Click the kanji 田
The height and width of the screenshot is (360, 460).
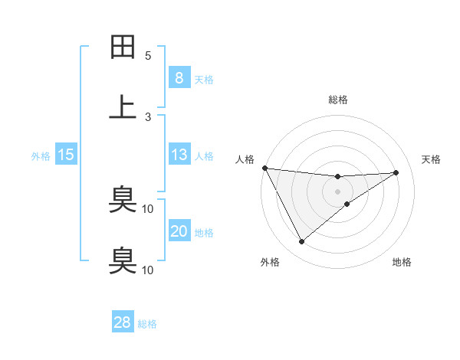pyautogui.click(x=123, y=47)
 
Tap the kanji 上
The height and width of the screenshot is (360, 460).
pyautogui.click(x=123, y=107)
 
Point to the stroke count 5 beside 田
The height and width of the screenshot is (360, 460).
pyautogui.click(x=148, y=56)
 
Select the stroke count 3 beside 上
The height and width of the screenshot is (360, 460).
pyautogui.click(x=148, y=116)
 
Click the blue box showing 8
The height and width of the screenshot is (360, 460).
pyautogui.click(x=179, y=77)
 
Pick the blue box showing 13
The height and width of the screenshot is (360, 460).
pyautogui.click(x=179, y=155)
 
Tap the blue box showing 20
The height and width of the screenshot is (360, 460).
pyautogui.click(x=179, y=231)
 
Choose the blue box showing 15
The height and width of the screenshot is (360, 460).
pyautogui.click(x=66, y=155)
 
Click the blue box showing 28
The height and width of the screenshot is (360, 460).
pyautogui.click(x=123, y=322)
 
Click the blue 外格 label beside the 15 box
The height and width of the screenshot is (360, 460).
pyautogui.click(x=41, y=155)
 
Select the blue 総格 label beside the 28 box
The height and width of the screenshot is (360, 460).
pyautogui.click(x=147, y=323)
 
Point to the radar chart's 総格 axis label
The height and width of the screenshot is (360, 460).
pyautogui.click(x=337, y=100)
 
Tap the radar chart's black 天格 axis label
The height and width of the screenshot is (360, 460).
pyautogui.click(x=431, y=159)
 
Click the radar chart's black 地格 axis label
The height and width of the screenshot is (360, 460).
pyautogui.click(x=402, y=262)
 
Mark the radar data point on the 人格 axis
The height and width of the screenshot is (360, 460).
pyautogui.click(x=264, y=168)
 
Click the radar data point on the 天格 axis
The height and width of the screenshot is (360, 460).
pyautogui.click(x=396, y=172)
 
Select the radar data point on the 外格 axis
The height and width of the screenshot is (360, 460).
pyautogui.click(x=301, y=242)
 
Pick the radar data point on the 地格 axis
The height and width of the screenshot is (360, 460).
pyautogui.click(x=347, y=204)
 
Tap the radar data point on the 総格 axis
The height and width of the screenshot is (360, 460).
pyautogui.click(x=337, y=177)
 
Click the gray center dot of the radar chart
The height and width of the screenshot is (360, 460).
pyautogui.click(x=337, y=191)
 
